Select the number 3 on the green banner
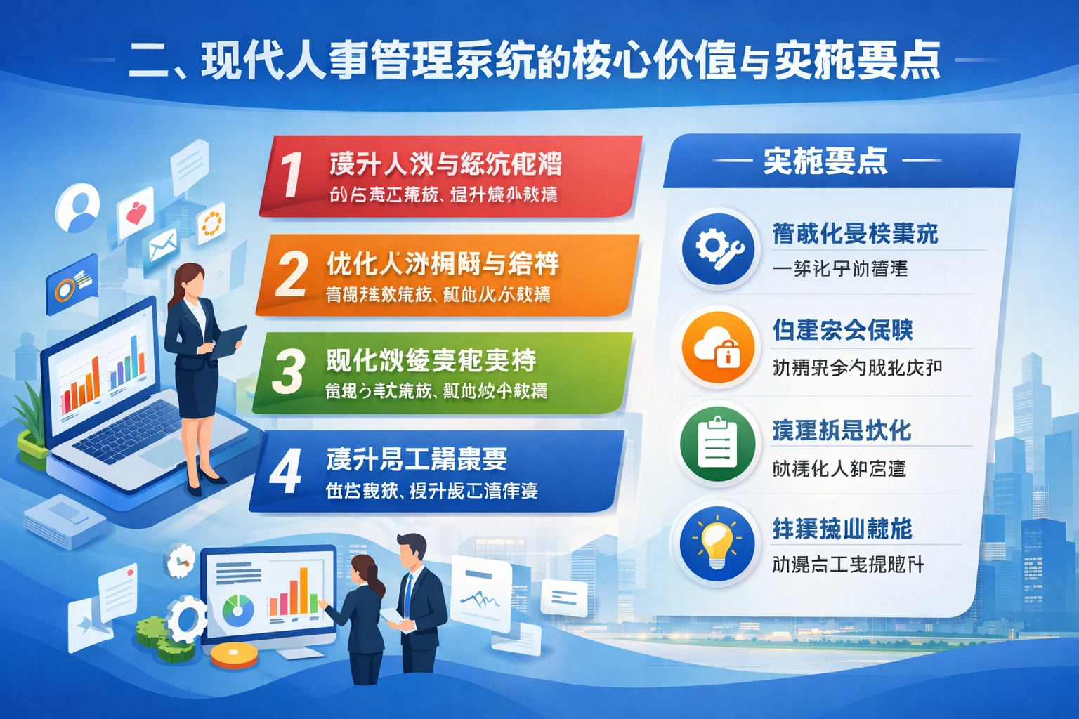coord(288,371)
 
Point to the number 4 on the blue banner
coord(286,470)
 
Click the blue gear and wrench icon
coord(718,249)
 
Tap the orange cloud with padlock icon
coord(718,347)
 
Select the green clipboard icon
coord(718,444)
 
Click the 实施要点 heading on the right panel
coord(825,161)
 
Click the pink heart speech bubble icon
coord(136,211)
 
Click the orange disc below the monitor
coord(235,656)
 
